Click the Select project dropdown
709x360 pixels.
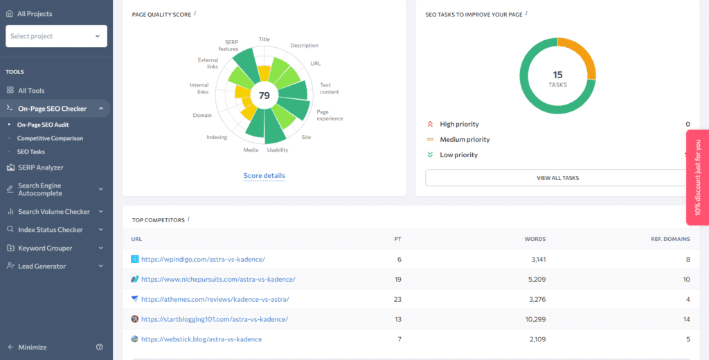pyautogui.click(x=56, y=36)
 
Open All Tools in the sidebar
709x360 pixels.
pyautogui.click(x=31, y=91)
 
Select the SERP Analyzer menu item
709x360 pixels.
pyautogui.click(x=40, y=168)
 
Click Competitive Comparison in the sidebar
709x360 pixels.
pyautogui.click(x=50, y=138)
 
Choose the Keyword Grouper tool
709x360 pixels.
pyautogui.click(x=45, y=248)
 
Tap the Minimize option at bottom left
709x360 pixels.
pyautogui.click(x=32, y=347)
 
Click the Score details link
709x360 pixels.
pyautogui.click(x=264, y=176)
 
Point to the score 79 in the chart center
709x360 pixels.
pyautogui.click(x=264, y=96)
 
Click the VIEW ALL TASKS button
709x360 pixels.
pyautogui.click(x=557, y=178)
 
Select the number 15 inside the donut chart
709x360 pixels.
pyautogui.click(x=557, y=74)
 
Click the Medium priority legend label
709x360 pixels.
pyautogui.click(x=465, y=140)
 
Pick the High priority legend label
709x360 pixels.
pyautogui.click(x=459, y=125)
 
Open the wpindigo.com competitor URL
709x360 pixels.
pyautogui.click(x=203, y=260)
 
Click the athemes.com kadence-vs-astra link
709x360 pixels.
pyautogui.click(x=215, y=299)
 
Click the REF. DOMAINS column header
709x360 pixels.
pyautogui.click(x=670, y=240)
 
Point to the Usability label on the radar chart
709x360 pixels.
pyautogui.click(x=278, y=150)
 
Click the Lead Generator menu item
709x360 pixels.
pyautogui.click(x=42, y=266)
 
